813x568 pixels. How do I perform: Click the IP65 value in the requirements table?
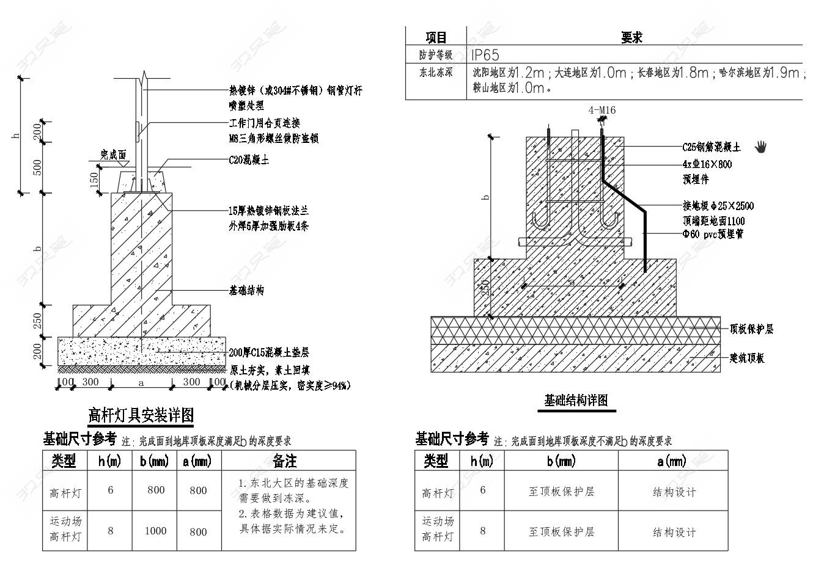tap(485, 55)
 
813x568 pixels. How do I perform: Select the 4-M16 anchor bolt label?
tap(601, 111)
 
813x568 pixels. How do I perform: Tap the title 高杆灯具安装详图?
tap(141, 416)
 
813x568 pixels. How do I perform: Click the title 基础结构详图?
tap(576, 401)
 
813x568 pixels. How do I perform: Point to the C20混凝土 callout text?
tap(249, 161)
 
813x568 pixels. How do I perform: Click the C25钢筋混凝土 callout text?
tap(712, 147)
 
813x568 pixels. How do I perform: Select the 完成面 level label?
tap(113, 155)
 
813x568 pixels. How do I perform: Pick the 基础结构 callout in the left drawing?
tap(246, 291)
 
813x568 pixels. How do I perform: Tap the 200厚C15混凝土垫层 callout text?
tap(269, 352)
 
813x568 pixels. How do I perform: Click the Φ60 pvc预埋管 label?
tap(713, 234)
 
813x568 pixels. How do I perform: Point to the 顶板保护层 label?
tap(751, 329)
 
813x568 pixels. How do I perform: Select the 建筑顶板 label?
tap(747, 358)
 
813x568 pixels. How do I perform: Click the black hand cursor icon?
tap(760, 147)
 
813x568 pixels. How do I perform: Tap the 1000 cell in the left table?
tap(155, 531)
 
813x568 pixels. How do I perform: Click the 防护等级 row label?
tap(436, 55)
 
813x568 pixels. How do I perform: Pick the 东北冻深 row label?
tap(436, 72)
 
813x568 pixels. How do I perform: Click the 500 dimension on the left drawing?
tap(38, 168)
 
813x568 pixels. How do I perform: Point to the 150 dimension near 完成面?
tap(94, 180)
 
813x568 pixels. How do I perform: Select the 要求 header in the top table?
tap(631, 38)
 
